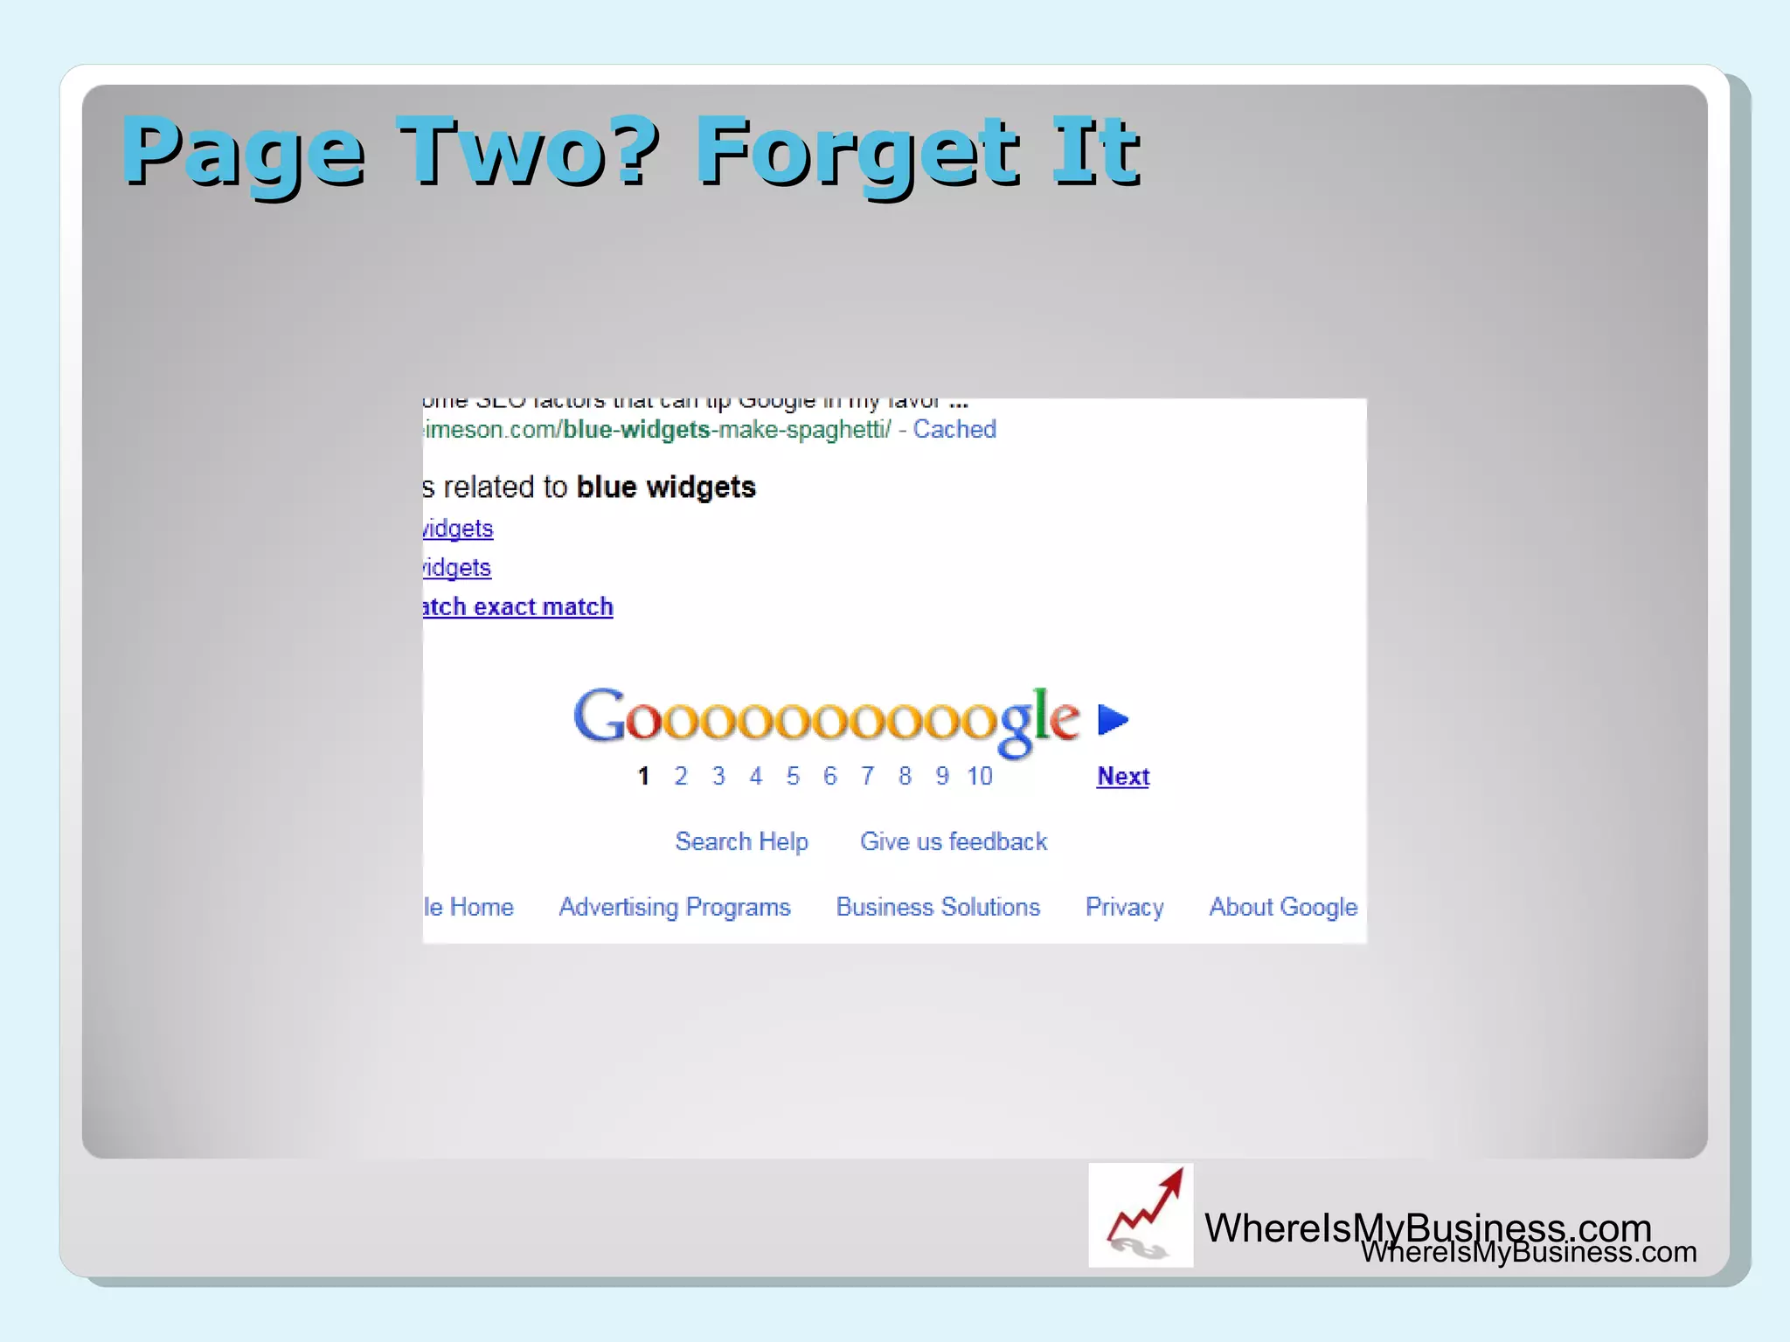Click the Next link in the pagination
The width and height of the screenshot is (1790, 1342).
click(1122, 776)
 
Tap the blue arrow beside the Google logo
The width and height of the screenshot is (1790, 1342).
click(1113, 719)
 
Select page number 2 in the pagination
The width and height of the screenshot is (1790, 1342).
click(681, 776)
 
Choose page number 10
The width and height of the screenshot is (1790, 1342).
click(979, 776)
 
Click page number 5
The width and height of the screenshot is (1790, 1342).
click(793, 776)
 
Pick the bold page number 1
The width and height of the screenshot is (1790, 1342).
click(643, 776)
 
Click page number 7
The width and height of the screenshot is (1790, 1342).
click(867, 776)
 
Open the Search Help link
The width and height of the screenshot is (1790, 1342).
click(741, 841)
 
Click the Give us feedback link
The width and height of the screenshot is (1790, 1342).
click(953, 841)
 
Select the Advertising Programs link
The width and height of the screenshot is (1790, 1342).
click(674, 907)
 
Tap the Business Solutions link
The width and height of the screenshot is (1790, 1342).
click(938, 907)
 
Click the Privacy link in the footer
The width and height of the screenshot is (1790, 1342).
click(1124, 907)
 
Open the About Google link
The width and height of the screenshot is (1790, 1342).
click(1283, 907)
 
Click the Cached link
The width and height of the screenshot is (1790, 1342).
click(954, 429)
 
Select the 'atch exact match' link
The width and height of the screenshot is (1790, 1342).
click(518, 606)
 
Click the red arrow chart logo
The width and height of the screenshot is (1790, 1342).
click(1141, 1214)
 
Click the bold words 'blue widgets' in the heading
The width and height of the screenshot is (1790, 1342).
click(666, 487)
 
